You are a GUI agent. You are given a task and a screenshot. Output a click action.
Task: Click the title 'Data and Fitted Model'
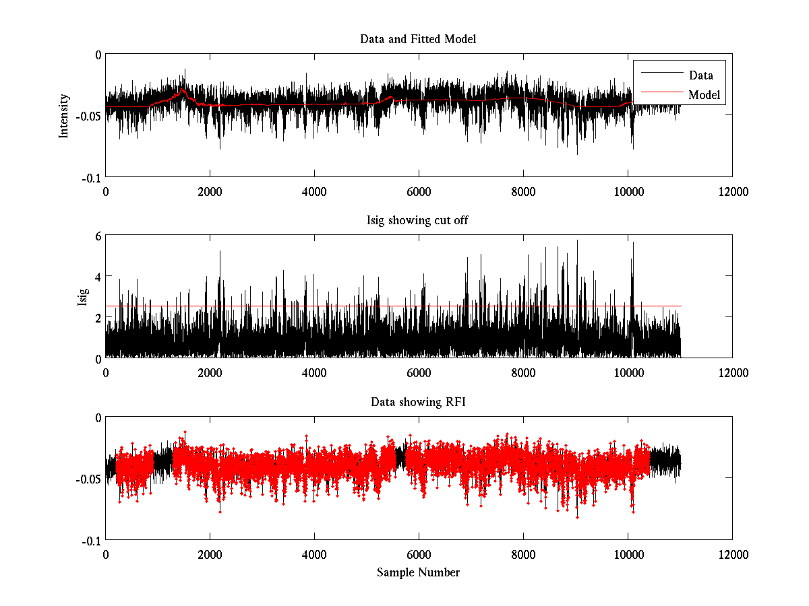pos(418,39)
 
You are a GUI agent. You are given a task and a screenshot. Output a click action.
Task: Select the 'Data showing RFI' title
pos(418,402)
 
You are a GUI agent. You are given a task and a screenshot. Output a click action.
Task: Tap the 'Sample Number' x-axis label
pos(418,572)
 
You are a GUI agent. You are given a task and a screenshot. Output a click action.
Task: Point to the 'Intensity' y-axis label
pos(64,115)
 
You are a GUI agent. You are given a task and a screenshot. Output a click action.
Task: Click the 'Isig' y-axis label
pos(82,296)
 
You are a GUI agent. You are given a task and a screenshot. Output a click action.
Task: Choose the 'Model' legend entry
pos(705,95)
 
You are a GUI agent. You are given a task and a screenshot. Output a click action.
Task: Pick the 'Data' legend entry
pos(700,75)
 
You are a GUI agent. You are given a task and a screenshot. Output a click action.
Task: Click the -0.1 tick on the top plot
pos(92,177)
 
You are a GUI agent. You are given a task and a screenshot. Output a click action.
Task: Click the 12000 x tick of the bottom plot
pos(732,555)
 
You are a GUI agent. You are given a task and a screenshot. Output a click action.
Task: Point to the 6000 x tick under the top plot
pos(419,192)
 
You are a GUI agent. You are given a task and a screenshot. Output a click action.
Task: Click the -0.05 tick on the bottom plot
pos(90,479)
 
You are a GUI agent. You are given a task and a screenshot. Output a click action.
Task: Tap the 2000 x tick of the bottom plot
pos(210,555)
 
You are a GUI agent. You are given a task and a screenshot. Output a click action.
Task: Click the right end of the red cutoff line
pos(681,306)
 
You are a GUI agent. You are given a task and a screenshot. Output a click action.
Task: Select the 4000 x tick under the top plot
pos(314,192)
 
